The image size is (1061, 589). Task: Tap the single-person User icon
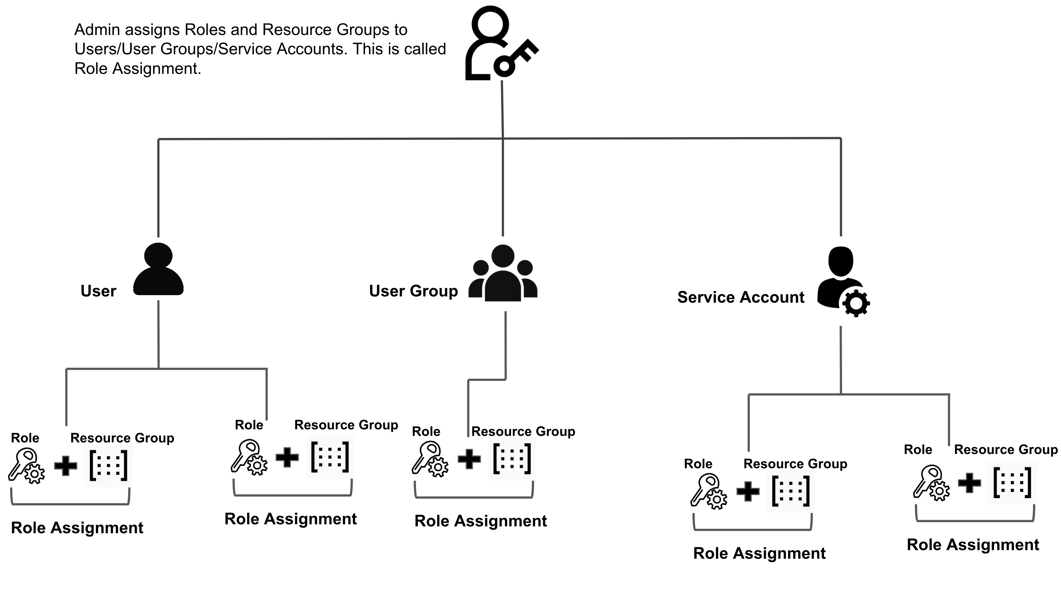(x=158, y=269)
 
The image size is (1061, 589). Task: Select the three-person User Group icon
(x=503, y=273)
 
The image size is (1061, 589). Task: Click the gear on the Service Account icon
(x=856, y=303)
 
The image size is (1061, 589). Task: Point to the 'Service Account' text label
(x=741, y=297)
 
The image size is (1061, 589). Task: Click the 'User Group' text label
(x=413, y=291)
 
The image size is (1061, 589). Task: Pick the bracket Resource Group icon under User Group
(x=512, y=458)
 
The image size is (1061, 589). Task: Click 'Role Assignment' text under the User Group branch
(x=480, y=521)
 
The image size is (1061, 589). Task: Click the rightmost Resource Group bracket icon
(x=1012, y=483)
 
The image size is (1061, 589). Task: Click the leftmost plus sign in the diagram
(x=66, y=466)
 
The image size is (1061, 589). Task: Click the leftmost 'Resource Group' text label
(x=122, y=438)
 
